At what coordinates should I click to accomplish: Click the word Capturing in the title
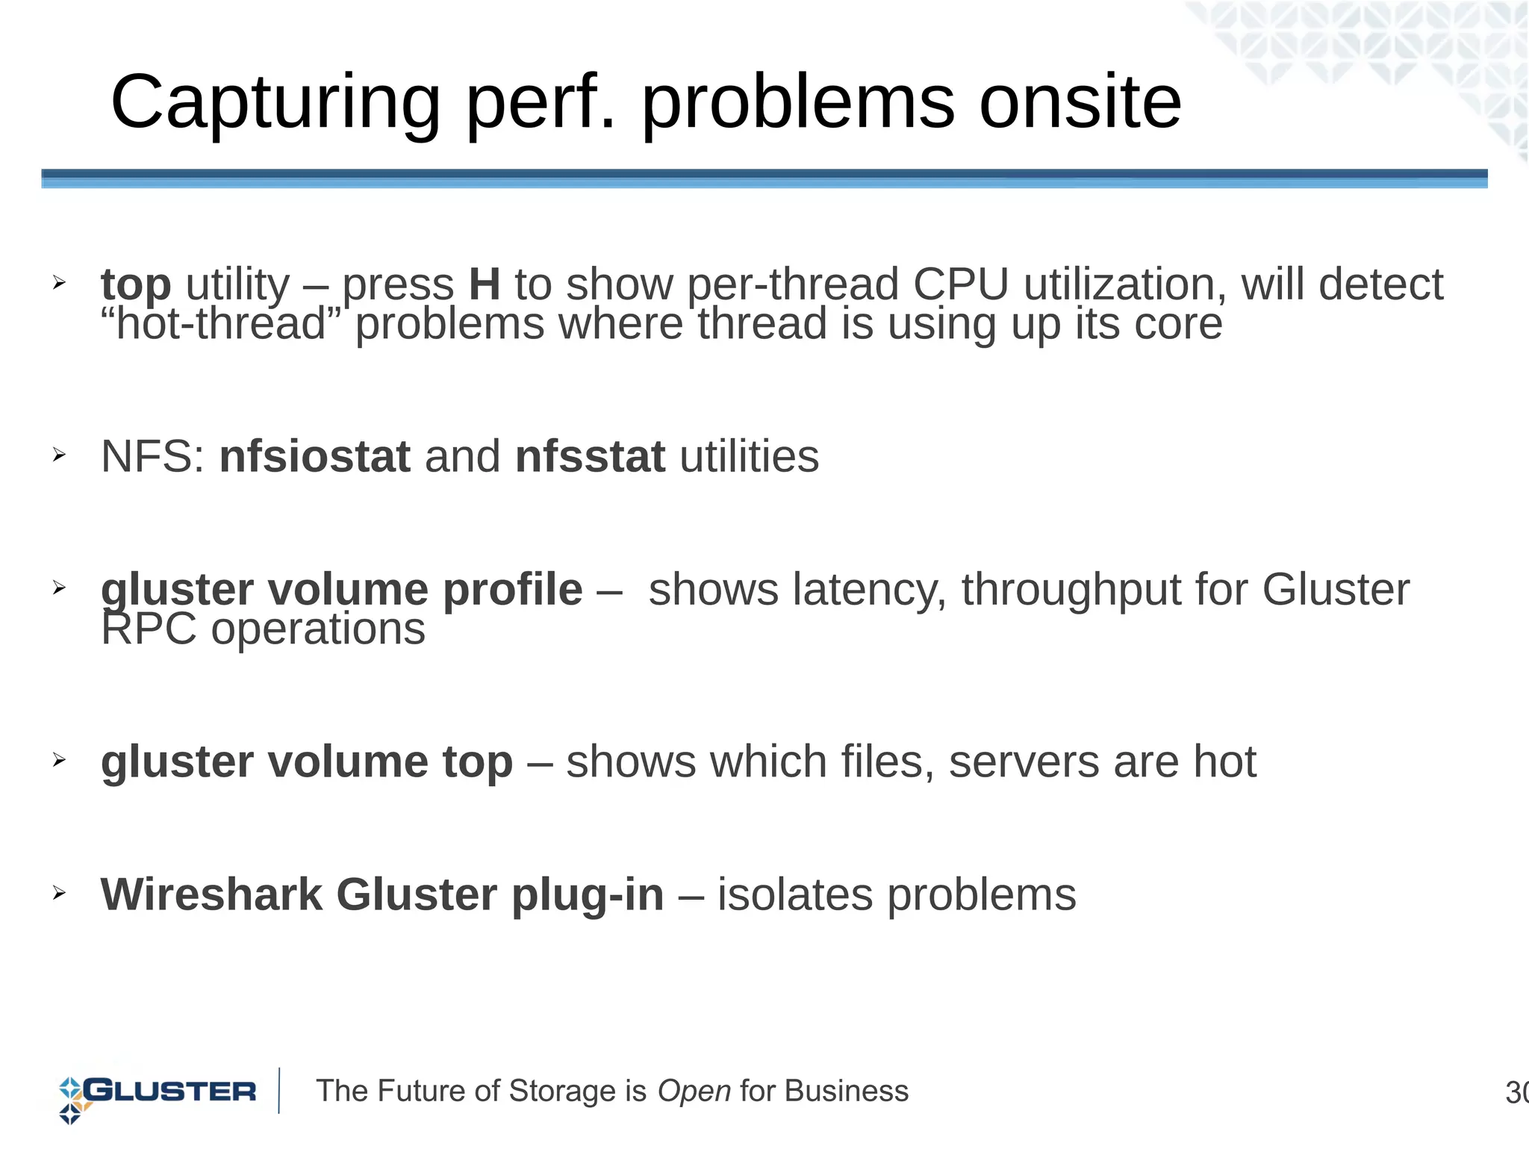[275, 103]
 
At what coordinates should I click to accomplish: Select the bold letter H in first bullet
[485, 284]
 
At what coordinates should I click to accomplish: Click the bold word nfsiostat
[314, 456]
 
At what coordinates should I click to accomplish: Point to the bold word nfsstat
[590, 456]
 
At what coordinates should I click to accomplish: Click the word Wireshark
[211, 894]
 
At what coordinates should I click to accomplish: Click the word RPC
[149, 629]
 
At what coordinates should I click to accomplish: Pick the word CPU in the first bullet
[961, 284]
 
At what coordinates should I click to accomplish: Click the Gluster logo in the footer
[158, 1092]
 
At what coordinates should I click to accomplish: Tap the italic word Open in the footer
[694, 1092]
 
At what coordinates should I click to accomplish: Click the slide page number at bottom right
[1516, 1093]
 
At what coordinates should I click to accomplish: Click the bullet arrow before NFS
[60, 455]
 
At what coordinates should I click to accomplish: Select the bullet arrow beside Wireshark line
[60, 892]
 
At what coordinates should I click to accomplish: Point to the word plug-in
[587, 894]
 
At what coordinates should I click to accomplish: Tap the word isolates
[794, 894]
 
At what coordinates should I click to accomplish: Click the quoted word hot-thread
[221, 324]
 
